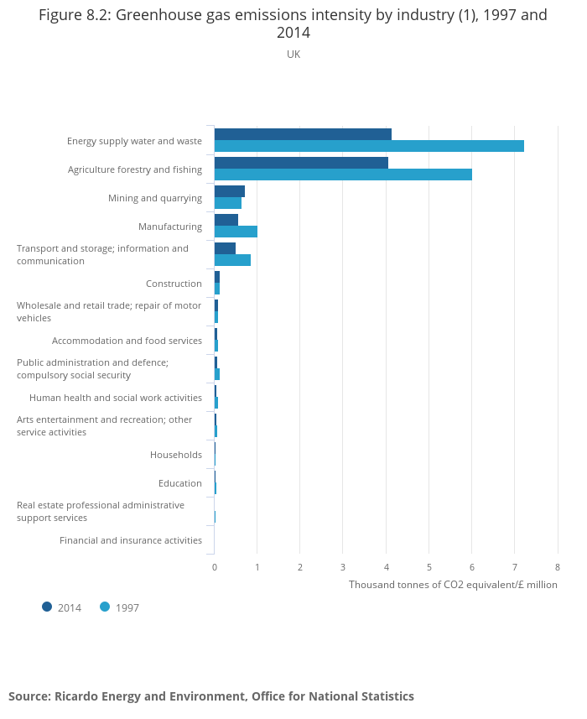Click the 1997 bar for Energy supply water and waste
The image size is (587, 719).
(x=369, y=146)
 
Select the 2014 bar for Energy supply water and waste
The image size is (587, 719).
(x=303, y=134)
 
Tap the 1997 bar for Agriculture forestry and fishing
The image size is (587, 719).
(x=343, y=175)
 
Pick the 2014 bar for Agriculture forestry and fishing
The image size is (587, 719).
(x=301, y=163)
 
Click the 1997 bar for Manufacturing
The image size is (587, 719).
(x=236, y=232)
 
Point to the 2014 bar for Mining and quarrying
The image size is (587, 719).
(x=229, y=191)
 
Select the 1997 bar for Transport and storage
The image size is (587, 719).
(x=232, y=260)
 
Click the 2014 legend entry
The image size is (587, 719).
(x=62, y=607)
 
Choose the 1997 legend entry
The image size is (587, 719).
(x=120, y=607)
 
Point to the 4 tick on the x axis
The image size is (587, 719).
(x=386, y=567)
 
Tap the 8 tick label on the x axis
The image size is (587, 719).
(x=558, y=567)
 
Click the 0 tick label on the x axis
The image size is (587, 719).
(x=215, y=567)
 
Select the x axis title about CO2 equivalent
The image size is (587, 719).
(x=453, y=585)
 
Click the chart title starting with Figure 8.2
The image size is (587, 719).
(x=293, y=23)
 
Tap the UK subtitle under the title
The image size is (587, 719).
(x=293, y=55)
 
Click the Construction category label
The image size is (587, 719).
(x=174, y=284)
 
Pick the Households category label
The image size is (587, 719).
(x=176, y=455)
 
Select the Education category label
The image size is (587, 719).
(x=180, y=483)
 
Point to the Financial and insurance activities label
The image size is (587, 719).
(x=131, y=540)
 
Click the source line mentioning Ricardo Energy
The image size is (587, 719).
(x=211, y=696)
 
